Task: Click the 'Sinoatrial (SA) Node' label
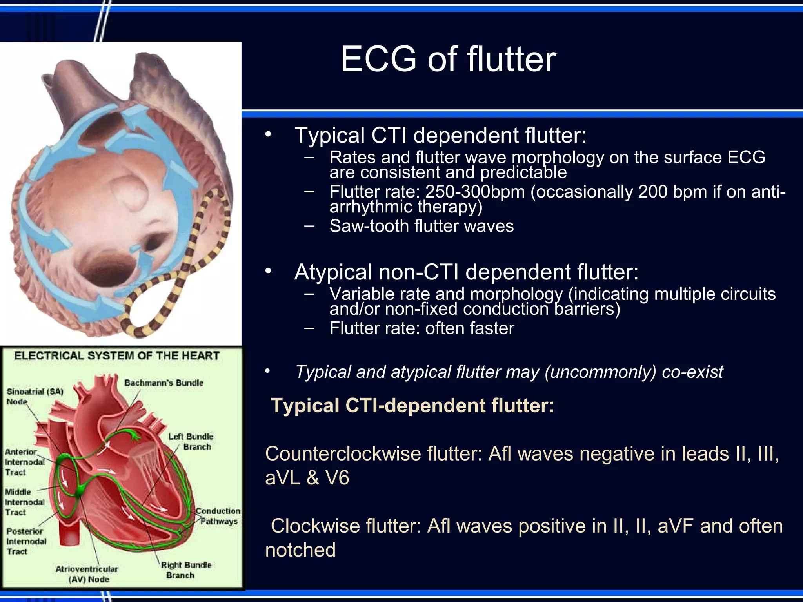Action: tap(35, 396)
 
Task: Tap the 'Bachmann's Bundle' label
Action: tap(164, 383)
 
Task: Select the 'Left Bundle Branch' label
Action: tap(191, 441)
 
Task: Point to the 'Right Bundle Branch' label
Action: tap(186, 570)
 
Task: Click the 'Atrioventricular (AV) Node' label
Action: tap(87, 574)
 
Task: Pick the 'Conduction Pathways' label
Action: tap(218, 516)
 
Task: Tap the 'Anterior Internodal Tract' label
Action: tap(24, 462)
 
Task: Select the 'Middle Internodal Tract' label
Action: tap(24, 502)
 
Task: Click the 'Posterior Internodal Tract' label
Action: tap(26, 541)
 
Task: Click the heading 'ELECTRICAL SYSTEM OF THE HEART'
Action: tap(117, 356)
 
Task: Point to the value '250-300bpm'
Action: tap(475, 192)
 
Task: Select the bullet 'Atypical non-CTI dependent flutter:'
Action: tap(466, 272)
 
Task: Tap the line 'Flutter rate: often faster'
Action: tap(421, 328)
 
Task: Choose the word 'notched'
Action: tap(300, 550)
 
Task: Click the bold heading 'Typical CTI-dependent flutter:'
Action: tap(412, 405)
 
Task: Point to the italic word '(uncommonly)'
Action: tap(600, 372)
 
